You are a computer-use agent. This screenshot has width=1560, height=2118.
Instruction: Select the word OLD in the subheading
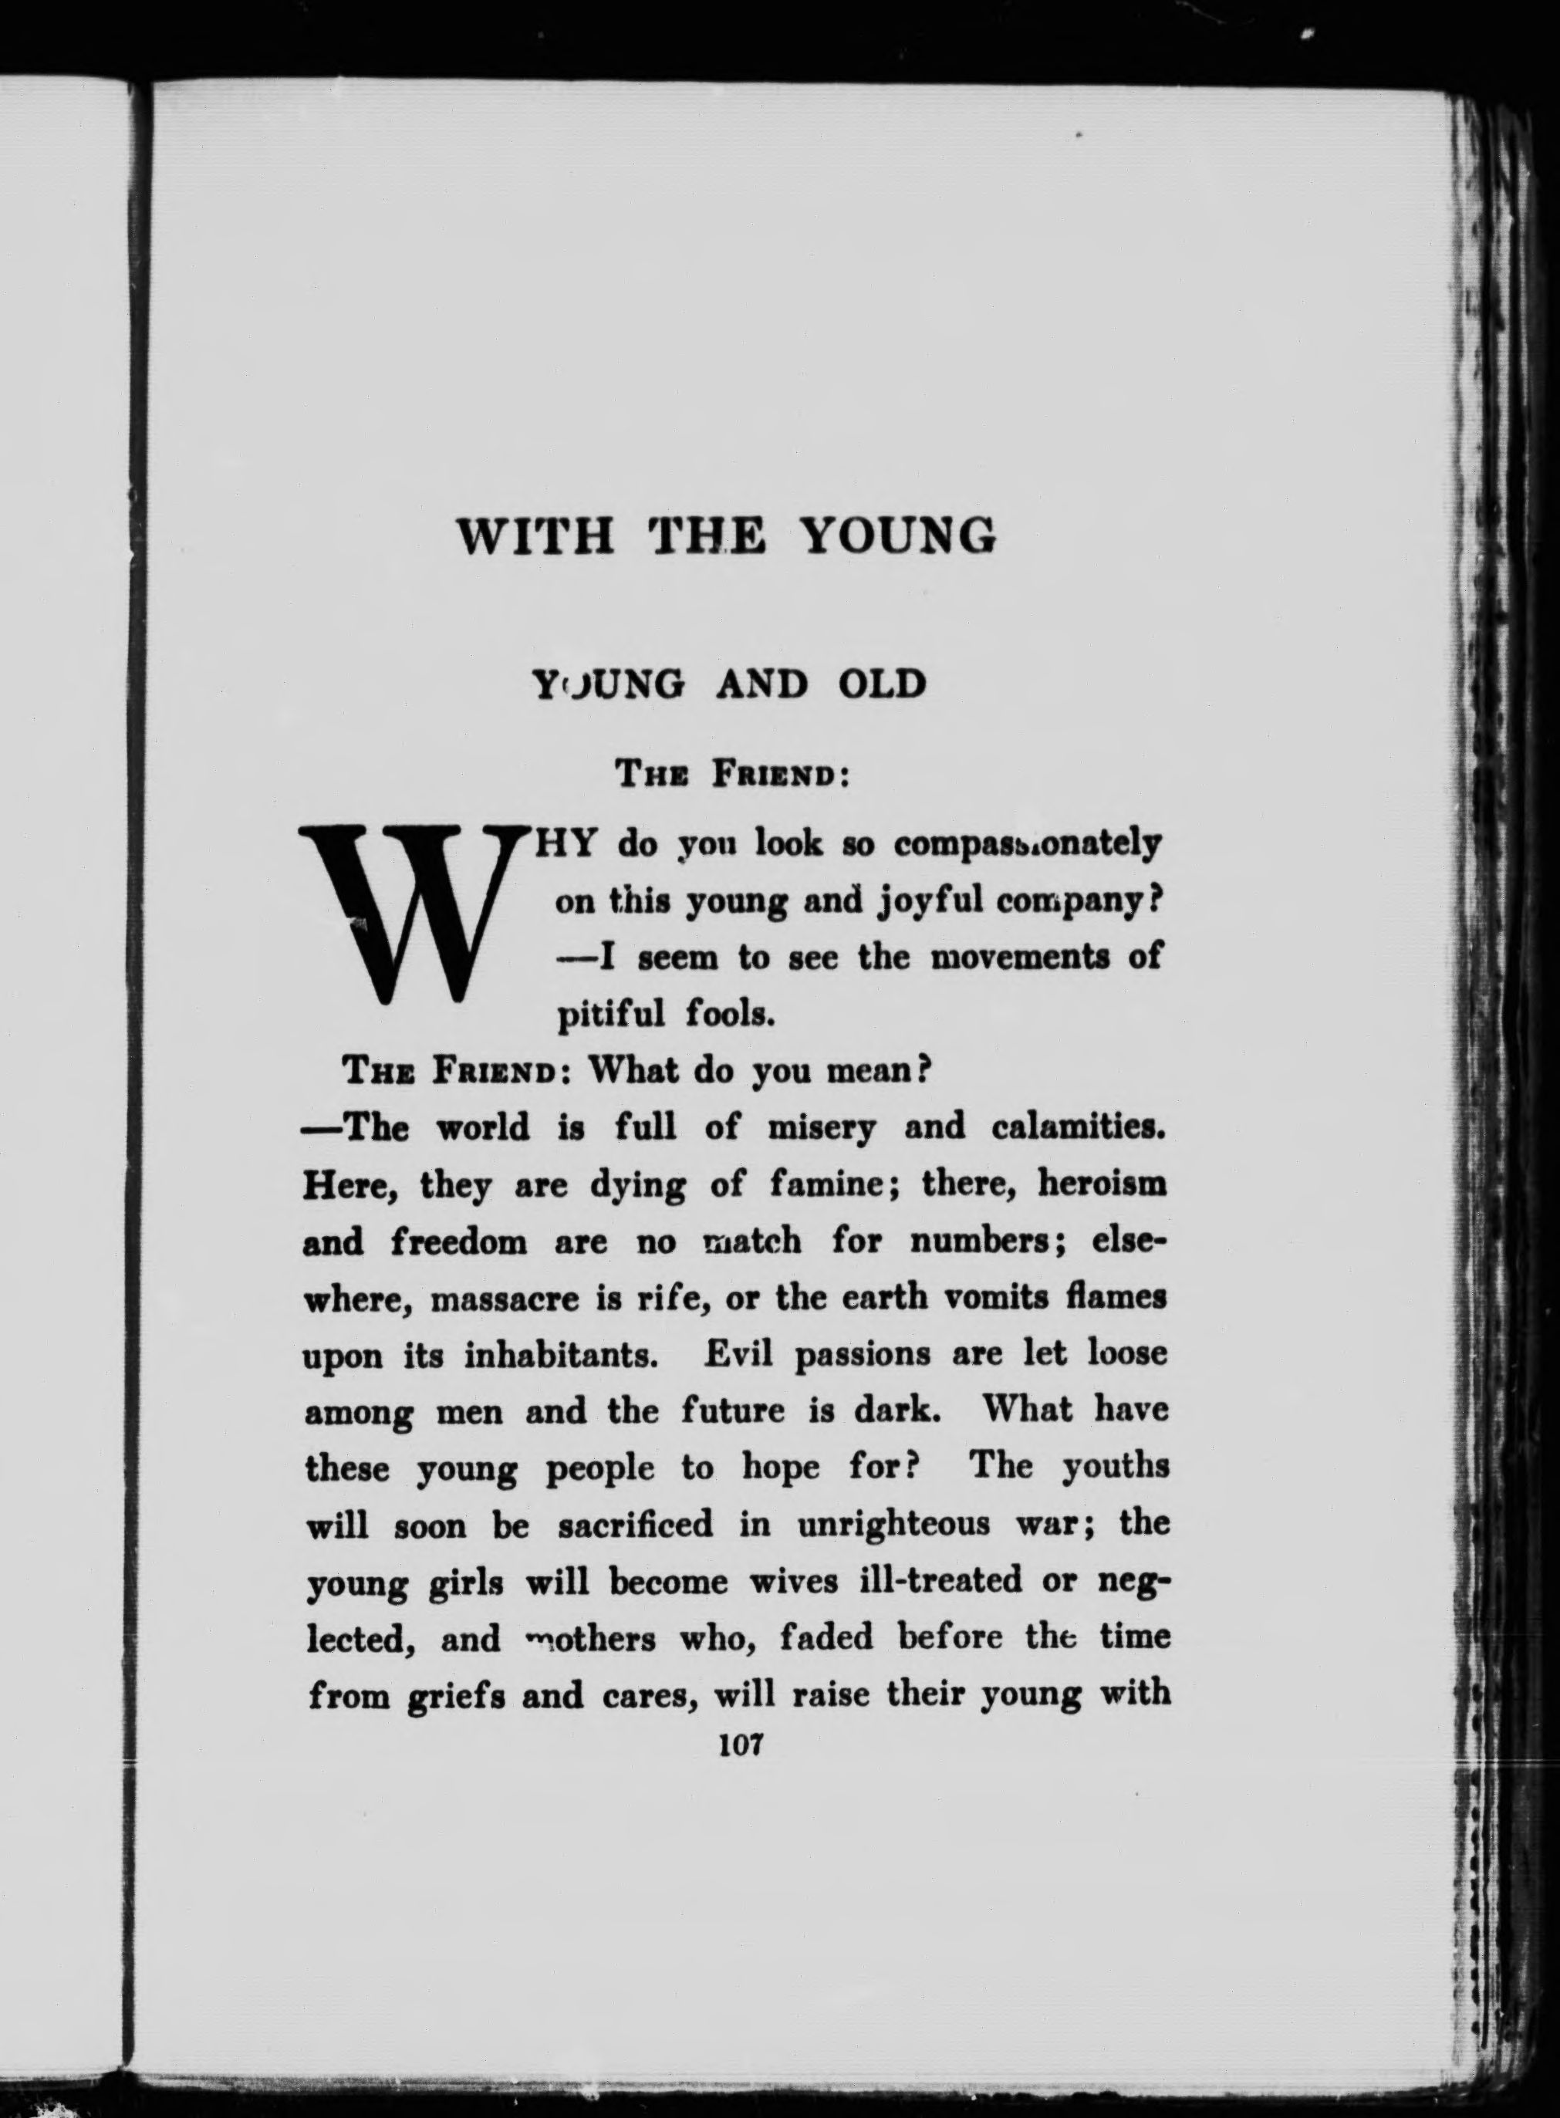coord(881,683)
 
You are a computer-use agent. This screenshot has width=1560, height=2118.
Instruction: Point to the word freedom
coord(459,1241)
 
